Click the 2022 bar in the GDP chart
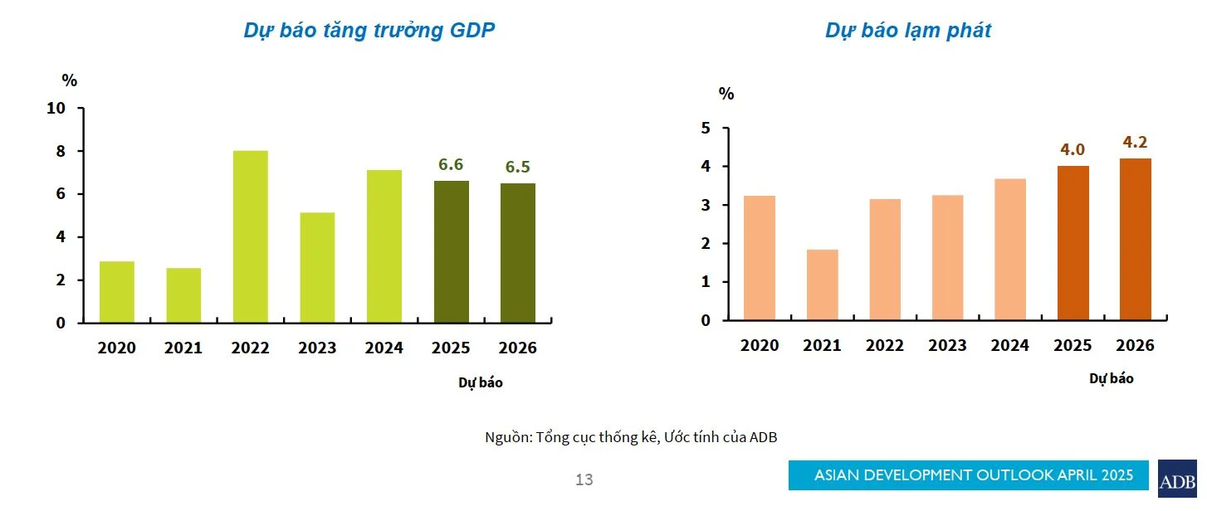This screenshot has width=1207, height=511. click(251, 236)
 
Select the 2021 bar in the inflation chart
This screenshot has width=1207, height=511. click(822, 285)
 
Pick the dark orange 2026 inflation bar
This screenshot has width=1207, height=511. click(1135, 239)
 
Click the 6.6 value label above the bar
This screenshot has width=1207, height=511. click(451, 164)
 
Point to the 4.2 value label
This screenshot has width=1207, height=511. click(1135, 142)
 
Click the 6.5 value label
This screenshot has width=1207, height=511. click(518, 168)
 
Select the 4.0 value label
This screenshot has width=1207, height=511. click(1073, 149)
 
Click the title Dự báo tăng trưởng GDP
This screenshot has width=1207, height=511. click(369, 31)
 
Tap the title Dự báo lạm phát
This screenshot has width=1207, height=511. click(907, 31)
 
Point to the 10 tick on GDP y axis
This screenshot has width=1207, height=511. click(56, 109)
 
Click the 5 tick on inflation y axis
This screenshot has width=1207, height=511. click(706, 129)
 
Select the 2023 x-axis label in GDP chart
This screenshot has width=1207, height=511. click(317, 348)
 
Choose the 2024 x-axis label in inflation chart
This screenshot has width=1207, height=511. click(1009, 346)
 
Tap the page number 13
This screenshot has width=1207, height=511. click(584, 479)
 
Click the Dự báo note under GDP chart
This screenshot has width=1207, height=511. click(480, 382)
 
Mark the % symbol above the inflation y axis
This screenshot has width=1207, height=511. click(726, 94)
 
